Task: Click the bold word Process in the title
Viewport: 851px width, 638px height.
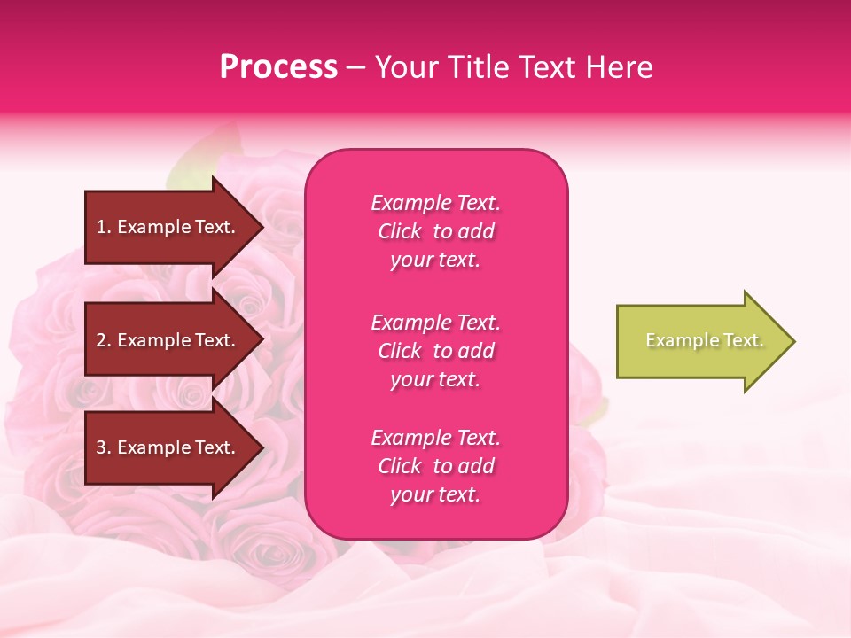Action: (278, 67)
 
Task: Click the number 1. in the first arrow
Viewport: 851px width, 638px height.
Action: (104, 227)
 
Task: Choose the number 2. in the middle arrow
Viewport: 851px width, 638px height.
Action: (104, 340)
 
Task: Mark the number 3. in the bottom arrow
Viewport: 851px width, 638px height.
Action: (104, 447)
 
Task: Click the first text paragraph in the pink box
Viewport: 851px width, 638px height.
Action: (435, 231)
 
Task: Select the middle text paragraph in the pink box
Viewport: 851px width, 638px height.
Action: (435, 351)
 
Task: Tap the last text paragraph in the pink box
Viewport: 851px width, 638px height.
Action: (435, 466)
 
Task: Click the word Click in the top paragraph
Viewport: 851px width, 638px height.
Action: (399, 231)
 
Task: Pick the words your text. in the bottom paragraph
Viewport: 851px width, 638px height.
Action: (435, 495)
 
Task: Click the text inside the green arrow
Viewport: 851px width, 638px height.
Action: (704, 340)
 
